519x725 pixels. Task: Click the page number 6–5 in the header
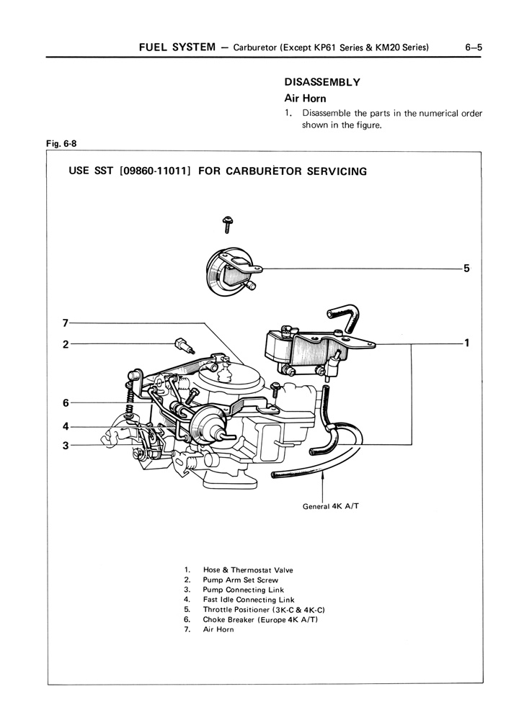(x=473, y=48)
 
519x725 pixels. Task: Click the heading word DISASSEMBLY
(x=321, y=82)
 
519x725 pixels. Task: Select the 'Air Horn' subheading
(x=306, y=98)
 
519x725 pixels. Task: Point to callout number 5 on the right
(x=467, y=269)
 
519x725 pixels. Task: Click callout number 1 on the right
(x=467, y=343)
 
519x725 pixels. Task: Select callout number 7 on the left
(x=65, y=321)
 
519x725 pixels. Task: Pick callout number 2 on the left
(x=65, y=344)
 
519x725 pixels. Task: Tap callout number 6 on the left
(x=65, y=402)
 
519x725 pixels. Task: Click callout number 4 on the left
(x=65, y=426)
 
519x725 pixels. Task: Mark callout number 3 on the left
(x=65, y=446)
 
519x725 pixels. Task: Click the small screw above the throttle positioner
(x=226, y=224)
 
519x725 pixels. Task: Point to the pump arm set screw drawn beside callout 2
(x=183, y=345)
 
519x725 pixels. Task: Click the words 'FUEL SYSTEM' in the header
(x=177, y=48)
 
